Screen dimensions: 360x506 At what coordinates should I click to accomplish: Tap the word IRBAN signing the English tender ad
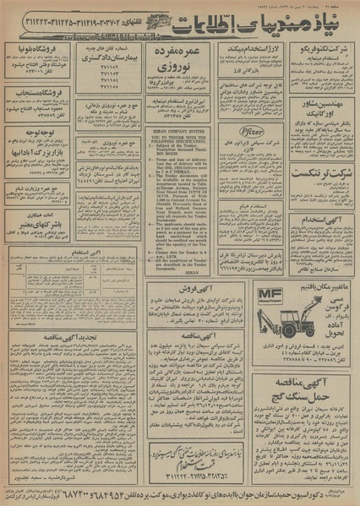click(177, 273)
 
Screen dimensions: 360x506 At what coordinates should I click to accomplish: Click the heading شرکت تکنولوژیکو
click(325, 52)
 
